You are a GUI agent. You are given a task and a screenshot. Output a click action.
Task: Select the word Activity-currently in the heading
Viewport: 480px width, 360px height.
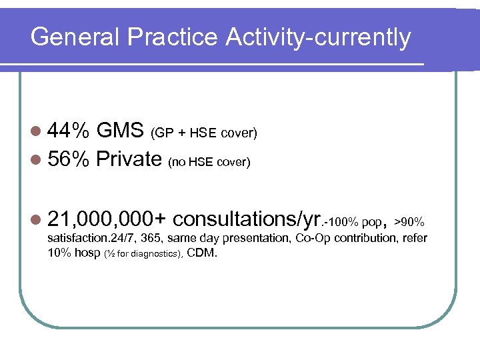pyautogui.click(x=318, y=37)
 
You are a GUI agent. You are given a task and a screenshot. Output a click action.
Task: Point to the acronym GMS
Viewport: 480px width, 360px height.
pyautogui.click(x=120, y=131)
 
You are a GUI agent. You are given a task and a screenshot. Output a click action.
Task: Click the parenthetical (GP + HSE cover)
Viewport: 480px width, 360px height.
pyautogui.click(x=203, y=133)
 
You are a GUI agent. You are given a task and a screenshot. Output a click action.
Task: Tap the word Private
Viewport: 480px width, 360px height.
pyautogui.click(x=129, y=159)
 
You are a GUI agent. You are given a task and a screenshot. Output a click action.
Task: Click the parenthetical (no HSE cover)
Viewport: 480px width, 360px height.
pyautogui.click(x=209, y=161)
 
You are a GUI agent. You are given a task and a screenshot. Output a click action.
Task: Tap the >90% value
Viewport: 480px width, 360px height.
pyautogui.click(x=409, y=221)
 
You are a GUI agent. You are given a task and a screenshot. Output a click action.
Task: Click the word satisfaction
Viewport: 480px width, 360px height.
pyautogui.click(x=75, y=239)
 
